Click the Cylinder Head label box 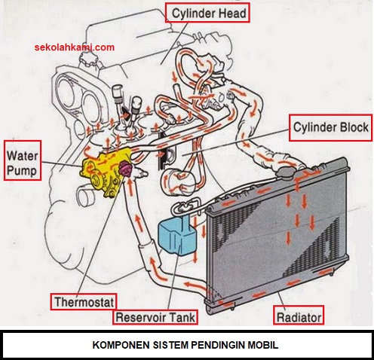pos(207,13)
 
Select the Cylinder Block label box pos(330,127)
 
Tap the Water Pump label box pos(23,160)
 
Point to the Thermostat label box pos(84,301)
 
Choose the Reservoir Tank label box pos(155,317)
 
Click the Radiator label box pos(299,317)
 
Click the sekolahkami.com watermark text pos(75,47)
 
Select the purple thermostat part pos(124,169)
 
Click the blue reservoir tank pos(176,235)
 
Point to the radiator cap pos(284,173)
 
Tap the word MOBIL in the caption pos(263,345)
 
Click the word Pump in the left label pos(22,171)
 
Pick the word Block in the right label pos(354,127)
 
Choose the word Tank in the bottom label pos(182,317)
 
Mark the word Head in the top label pos(231,13)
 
